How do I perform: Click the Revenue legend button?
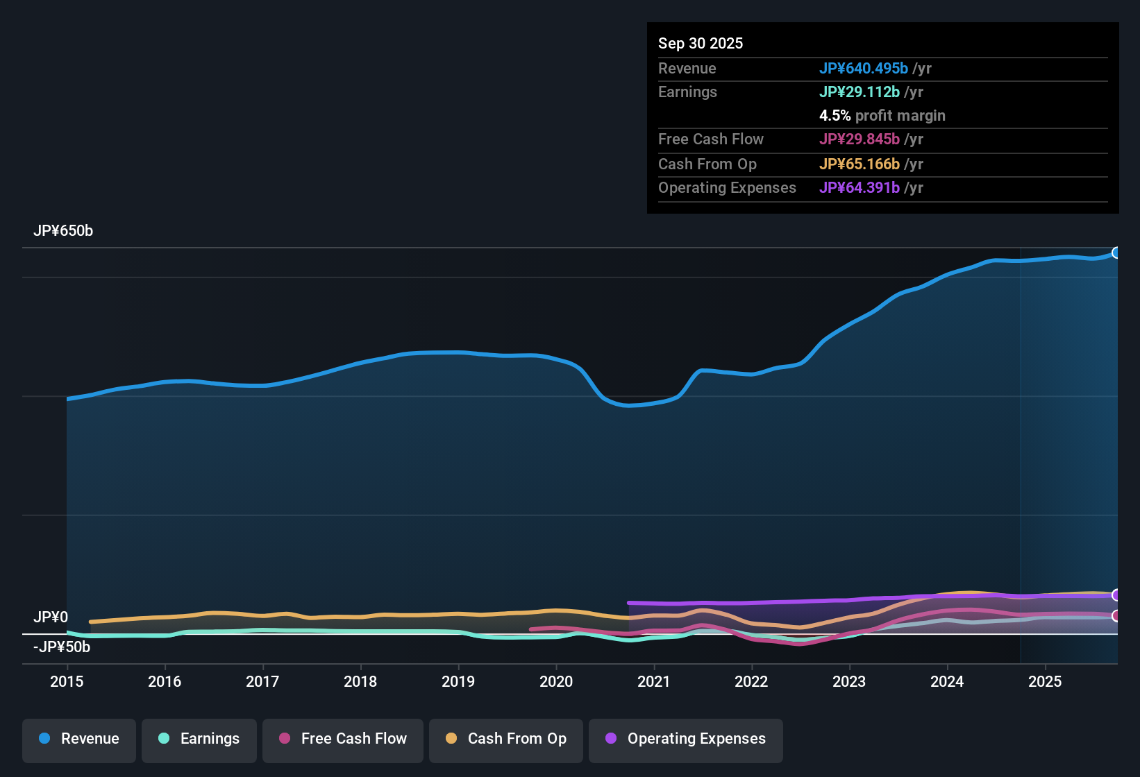pos(79,739)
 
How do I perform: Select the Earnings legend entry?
pos(199,739)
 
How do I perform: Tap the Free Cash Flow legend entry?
pos(343,739)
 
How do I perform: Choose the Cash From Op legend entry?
pos(506,739)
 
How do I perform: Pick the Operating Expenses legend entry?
pos(686,739)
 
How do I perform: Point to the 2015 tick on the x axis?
pos(67,681)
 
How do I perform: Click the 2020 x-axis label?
pos(556,681)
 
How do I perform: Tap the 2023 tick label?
pos(849,681)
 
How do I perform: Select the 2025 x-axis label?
pos(1045,681)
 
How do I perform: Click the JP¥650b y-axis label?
pos(63,231)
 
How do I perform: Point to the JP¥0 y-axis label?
pos(51,617)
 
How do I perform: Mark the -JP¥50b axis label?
pos(62,647)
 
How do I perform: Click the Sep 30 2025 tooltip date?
pos(701,43)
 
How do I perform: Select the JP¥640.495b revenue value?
pos(863,68)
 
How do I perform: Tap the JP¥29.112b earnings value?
pos(859,92)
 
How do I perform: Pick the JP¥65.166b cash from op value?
pos(859,164)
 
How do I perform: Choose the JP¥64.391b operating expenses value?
pos(859,187)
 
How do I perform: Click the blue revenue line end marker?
pos(1116,253)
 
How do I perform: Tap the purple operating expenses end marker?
pos(1116,595)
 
